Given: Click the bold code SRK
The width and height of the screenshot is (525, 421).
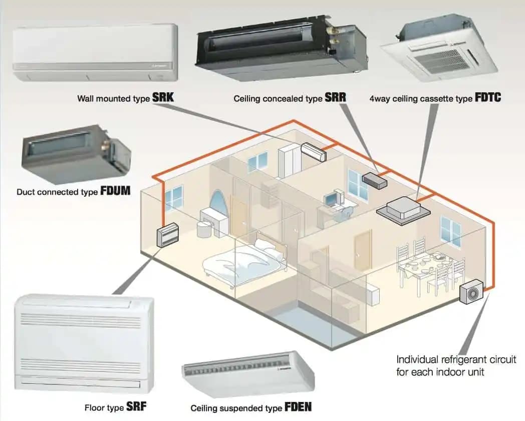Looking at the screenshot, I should pos(163,97).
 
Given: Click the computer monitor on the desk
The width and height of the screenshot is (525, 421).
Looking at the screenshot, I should pos(331,199).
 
